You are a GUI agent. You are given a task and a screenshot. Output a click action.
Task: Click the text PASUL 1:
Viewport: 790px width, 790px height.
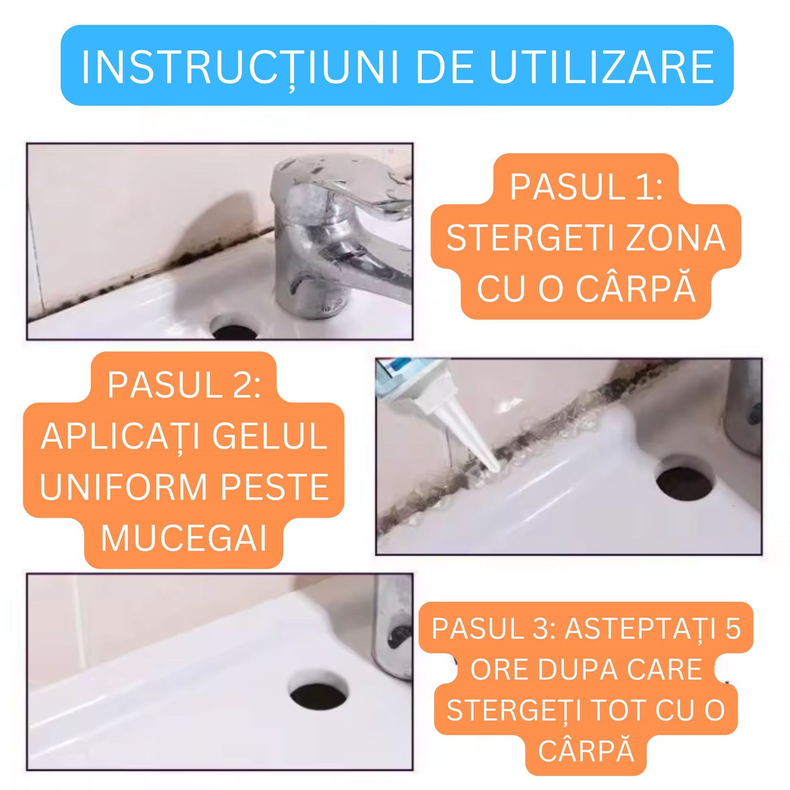pyautogui.click(x=586, y=187)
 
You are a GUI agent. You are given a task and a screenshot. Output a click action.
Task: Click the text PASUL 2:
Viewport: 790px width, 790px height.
pyautogui.click(x=184, y=385)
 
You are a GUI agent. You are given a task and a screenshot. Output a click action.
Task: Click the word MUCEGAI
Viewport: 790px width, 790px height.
pyautogui.click(x=184, y=538)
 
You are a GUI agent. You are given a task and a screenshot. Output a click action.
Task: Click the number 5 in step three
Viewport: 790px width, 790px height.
pyautogui.click(x=733, y=629)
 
